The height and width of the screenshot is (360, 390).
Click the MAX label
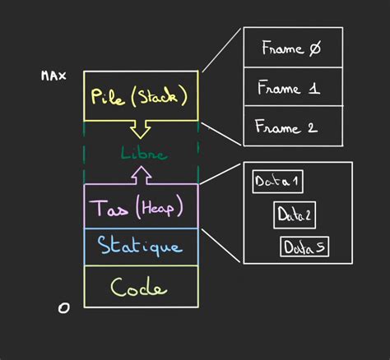[x=53, y=76]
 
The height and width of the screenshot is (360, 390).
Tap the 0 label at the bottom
[x=64, y=307]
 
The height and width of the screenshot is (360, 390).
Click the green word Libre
[x=143, y=154]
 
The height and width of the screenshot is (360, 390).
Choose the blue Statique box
[x=141, y=245]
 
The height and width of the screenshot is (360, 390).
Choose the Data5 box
[x=305, y=247]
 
